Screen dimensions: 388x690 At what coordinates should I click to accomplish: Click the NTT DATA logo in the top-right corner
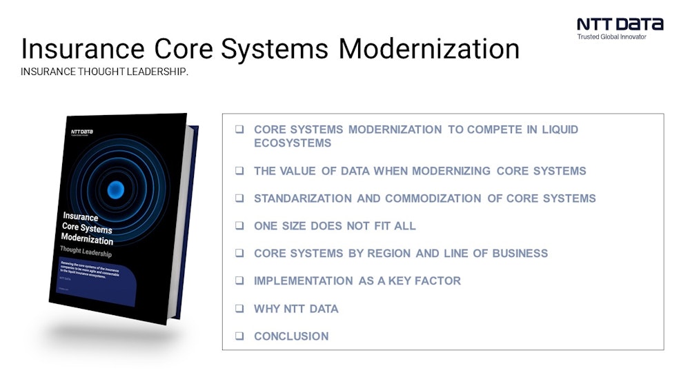(620, 23)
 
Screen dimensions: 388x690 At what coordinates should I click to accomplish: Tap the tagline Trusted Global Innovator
(611, 37)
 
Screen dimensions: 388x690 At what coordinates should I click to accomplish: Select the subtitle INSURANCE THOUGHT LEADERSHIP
(104, 72)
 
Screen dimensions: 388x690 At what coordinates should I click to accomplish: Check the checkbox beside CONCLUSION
(239, 336)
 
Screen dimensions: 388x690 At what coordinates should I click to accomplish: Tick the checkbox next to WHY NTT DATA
(239, 309)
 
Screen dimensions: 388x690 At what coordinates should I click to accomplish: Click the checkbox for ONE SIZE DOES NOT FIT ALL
(239, 226)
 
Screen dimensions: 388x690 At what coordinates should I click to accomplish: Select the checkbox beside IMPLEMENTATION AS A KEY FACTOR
(239, 281)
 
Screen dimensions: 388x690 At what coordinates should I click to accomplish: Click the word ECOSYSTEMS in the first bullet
(293, 143)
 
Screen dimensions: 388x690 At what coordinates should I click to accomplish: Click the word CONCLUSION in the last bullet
(291, 336)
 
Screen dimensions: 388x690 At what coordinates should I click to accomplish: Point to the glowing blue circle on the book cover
(116, 188)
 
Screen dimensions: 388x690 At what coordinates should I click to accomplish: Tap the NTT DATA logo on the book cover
(81, 131)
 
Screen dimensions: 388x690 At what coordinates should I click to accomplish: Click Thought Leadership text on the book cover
(88, 250)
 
